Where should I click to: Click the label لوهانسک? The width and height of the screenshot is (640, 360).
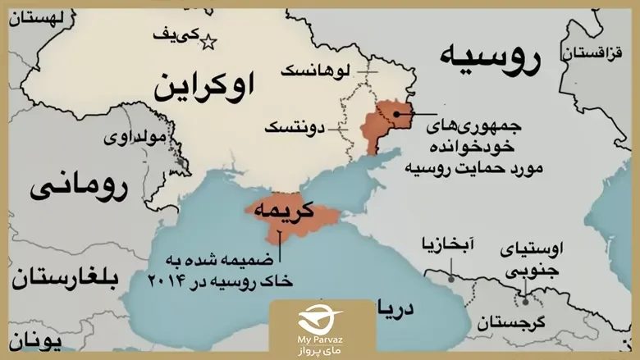pyautogui.click(x=315, y=72)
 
